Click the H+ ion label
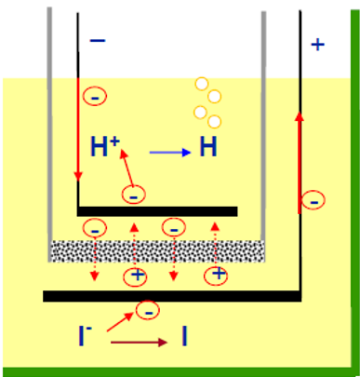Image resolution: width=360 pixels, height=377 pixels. [105, 146]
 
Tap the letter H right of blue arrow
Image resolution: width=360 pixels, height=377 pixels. [208, 146]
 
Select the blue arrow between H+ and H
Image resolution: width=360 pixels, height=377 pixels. [170, 153]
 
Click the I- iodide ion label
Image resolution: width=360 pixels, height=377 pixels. [85, 335]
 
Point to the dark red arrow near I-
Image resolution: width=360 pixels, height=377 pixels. [140, 343]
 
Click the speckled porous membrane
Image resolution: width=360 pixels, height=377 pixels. [157, 250]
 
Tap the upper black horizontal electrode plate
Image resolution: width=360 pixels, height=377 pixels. [157, 211]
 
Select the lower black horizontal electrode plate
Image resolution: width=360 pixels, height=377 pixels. [172, 296]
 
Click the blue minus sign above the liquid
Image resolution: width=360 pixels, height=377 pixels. [98, 40]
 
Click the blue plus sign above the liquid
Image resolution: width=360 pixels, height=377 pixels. [317, 45]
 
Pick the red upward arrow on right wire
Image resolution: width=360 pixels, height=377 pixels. [300, 163]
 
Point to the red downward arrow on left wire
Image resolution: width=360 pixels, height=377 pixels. [78, 129]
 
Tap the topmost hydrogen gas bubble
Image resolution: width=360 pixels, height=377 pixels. [202, 84]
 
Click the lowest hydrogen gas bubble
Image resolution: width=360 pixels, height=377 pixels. [214, 121]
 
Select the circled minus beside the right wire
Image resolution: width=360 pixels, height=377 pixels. [313, 200]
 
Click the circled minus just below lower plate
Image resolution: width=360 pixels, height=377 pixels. [148, 310]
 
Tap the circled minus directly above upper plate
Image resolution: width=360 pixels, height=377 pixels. [133, 195]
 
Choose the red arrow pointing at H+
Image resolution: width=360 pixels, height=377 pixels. [127, 168]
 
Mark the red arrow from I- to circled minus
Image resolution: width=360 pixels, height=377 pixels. [120, 322]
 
